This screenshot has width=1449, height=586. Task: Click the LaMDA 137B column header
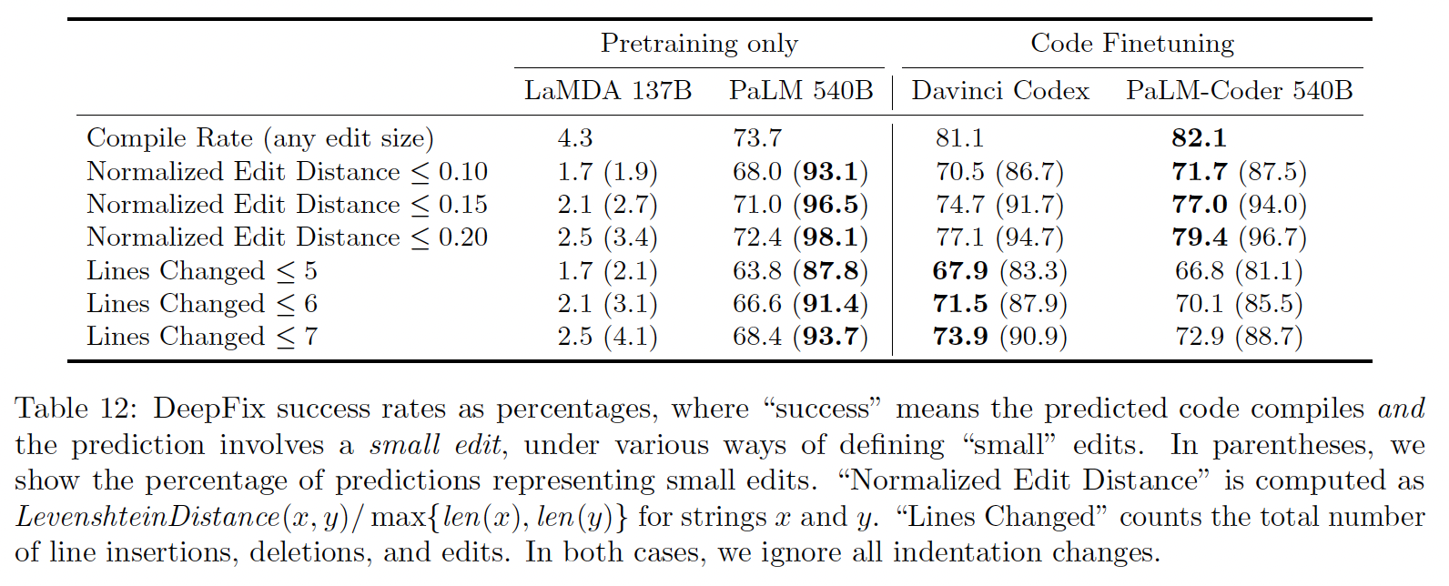pyautogui.click(x=608, y=91)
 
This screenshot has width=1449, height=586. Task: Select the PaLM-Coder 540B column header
pyautogui.click(x=1239, y=91)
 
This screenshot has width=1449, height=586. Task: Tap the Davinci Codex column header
pyautogui.click(x=1000, y=91)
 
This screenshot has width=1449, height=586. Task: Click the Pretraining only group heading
pyautogui.click(x=699, y=44)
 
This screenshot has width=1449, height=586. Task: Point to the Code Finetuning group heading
pyautogui.click(x=1132, y=44)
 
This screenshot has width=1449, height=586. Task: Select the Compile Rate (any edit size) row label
pyautogui.click(x=260, y=138)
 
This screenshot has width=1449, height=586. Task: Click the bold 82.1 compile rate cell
pyautogui.click(x=1199, y=138)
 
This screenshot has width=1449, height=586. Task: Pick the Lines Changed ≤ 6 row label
pyautogui.click(x=202, y=304)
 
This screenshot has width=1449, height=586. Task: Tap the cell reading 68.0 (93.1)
pyautogui.click(x=800, y=172)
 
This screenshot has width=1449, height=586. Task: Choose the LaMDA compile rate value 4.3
pyautogui.click(x=575, y=138)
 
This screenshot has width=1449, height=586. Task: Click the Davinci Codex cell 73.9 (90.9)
pyautogui.click(x=999, y=337)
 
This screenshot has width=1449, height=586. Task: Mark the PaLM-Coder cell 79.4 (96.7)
pyautogui.click(x=1239, y=237)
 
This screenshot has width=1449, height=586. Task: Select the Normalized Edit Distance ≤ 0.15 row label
pyautogui.click(x=287, y=205)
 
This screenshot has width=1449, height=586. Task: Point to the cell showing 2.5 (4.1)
pyautogui.click(x=607, y=337)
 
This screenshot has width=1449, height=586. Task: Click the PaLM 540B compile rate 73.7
pyautogui.click(x=756, y=138)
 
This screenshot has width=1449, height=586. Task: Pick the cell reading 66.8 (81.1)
pyautogui.click(x=1239, y=271)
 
